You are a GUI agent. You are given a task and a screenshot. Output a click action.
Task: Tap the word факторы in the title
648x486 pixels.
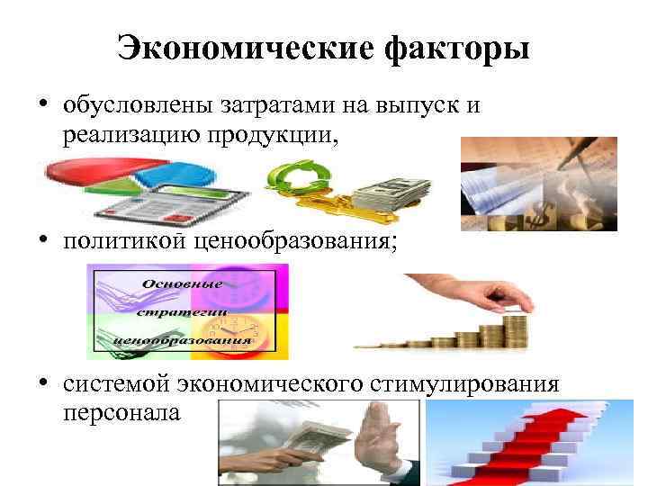(457, 48)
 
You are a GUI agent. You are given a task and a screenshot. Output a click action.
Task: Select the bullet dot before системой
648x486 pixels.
(42, 384)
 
